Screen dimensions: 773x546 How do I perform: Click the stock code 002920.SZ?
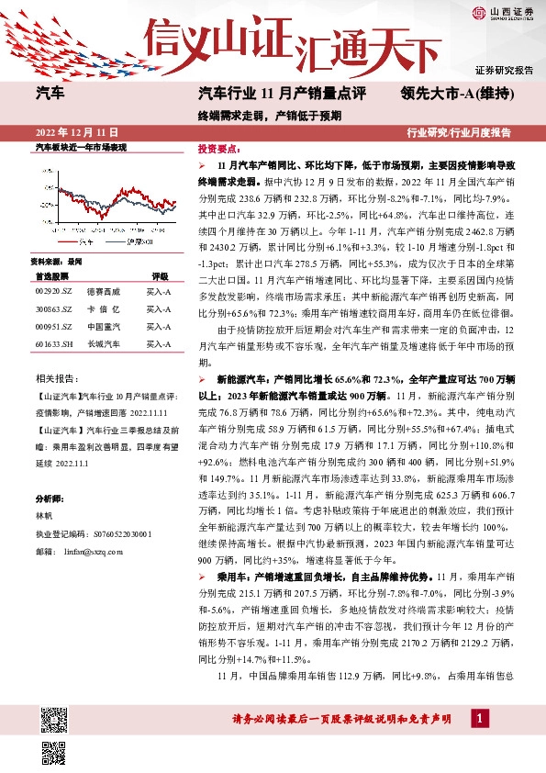(52, 290)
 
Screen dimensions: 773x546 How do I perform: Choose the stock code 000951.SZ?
(52, 325)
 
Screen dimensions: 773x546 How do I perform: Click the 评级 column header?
(160, 274)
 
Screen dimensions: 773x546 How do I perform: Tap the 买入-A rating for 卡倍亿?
(160, 308)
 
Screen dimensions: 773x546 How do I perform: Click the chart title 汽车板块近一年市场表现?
(80, 147)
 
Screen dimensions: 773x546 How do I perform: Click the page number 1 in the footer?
(480, 717)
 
